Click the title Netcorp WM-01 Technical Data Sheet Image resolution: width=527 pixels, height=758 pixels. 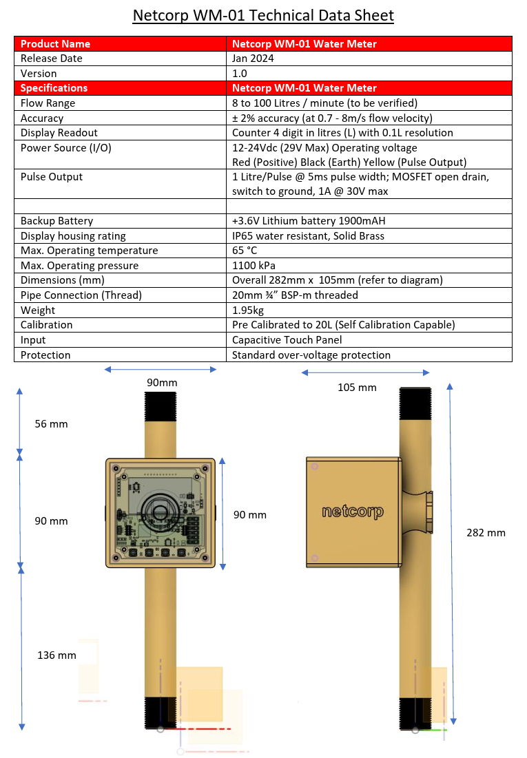point(263,15)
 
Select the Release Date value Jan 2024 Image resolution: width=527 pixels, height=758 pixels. point(253,59)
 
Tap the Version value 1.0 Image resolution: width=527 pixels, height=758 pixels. point(241,74)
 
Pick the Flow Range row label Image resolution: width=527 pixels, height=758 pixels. point(48,103)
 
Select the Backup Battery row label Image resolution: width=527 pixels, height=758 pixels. point(57,221)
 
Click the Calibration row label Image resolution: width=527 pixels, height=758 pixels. point(46,325)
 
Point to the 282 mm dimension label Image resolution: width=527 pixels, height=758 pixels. point(486,532)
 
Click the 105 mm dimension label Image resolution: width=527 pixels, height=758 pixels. point(357,388)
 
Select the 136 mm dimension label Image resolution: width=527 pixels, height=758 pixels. point(56,655)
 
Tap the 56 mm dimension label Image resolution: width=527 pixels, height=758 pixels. point(51,424)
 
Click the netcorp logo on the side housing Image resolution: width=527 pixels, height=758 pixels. point(352,512)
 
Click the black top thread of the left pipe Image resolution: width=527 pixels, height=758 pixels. point(160,406)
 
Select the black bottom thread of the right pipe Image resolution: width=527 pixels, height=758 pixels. point(415,713)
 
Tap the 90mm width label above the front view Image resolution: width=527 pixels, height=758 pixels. point(162,382)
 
